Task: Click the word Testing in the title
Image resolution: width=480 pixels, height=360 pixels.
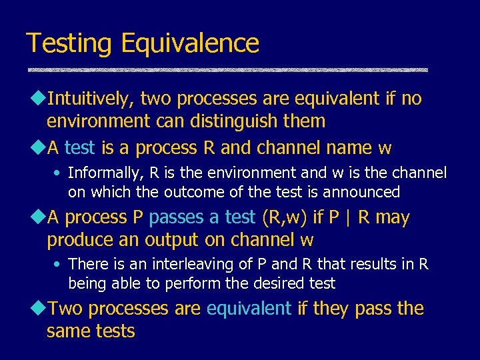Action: pyautogui.click(x=69, y=44)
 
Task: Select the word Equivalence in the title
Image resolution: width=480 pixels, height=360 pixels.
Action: pyautogui.click(x=190, y=44)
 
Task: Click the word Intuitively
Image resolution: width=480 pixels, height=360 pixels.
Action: pyautogui.click(x=91, y=99)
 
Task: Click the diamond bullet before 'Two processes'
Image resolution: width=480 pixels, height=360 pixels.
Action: pyautogui.click(x=37, y=309)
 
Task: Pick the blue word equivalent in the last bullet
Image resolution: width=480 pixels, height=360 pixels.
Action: pyautogui.click(x=249, y=309)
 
